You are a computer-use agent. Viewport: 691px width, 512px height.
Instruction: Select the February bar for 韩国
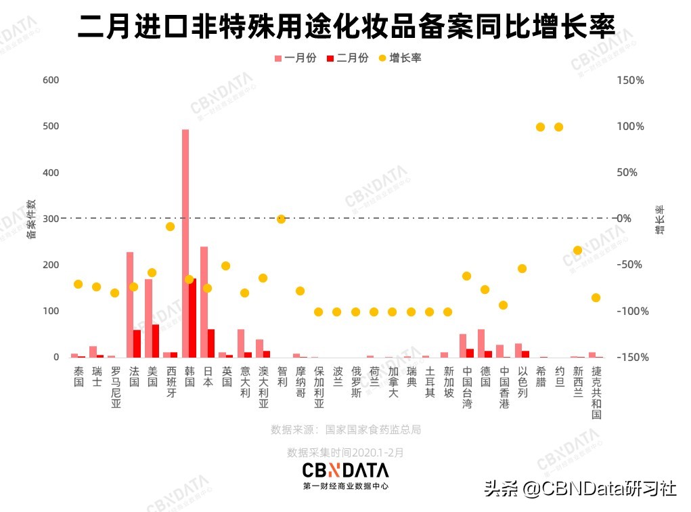(x=193, y=318)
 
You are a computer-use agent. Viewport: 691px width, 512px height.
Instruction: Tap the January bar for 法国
(x=130, y=304)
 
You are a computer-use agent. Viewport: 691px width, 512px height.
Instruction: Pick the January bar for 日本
(x=204, y=301)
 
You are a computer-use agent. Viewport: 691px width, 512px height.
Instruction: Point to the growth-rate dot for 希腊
(x=541, y=127)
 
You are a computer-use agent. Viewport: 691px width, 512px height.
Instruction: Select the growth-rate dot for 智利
(x=281, y=219)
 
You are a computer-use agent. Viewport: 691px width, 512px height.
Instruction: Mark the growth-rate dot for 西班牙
(x=171, y=226)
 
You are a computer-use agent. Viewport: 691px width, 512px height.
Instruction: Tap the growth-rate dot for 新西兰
(x=577, y=250)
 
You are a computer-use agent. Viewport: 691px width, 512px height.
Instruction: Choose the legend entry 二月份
(x=347, y=58)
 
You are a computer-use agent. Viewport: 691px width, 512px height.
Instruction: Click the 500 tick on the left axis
(x=51, y=127)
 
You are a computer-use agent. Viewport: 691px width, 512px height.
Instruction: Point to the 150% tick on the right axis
(x=631, y=80)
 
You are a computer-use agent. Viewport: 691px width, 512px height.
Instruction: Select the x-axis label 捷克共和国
(x=596, y=393)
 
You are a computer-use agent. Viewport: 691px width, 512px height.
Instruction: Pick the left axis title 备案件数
(x=30, y=219)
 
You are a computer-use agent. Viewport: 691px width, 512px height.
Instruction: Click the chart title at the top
(x=346, y=27)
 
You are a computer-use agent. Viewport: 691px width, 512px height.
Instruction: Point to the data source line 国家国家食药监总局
(x=346, y=429)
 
